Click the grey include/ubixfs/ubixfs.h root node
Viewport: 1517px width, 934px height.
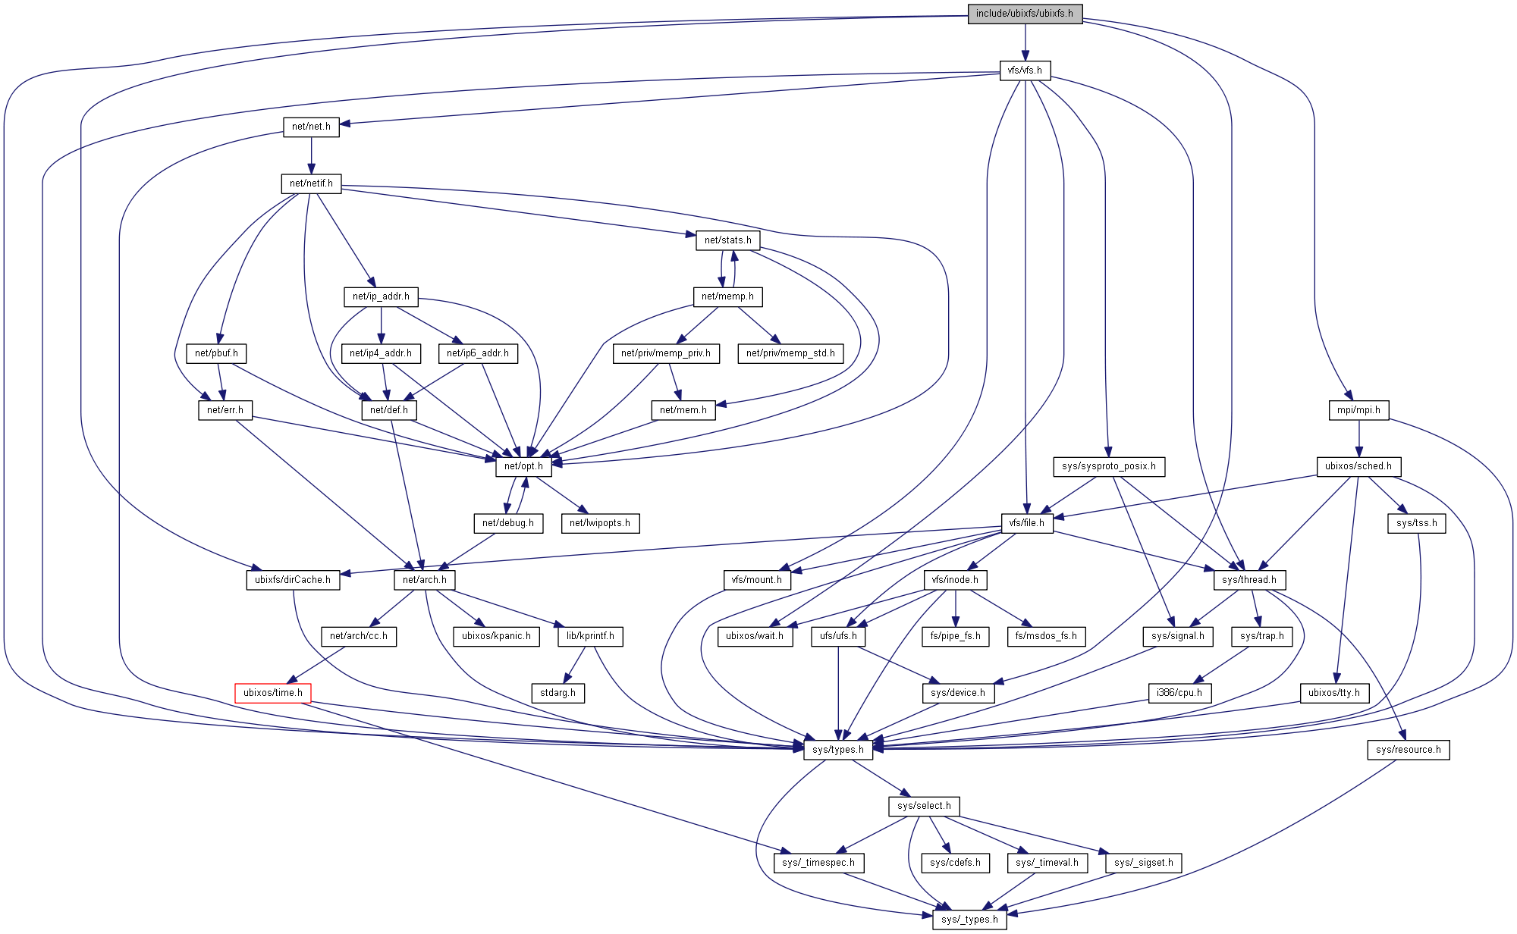click(1024, 14)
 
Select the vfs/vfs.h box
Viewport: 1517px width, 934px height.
click(1025, 71)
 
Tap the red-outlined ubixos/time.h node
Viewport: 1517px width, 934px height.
click(273, 693)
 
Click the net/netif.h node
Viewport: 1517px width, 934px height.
click(311, 183)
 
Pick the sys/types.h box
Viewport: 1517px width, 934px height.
click(837, 750)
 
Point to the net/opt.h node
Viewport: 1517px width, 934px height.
click(523, 466)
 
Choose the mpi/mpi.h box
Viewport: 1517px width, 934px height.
click(1358, 410)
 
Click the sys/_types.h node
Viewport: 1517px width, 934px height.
click(969, 920)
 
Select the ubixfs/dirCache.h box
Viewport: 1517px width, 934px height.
click(293, 580)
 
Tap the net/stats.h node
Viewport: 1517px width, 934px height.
click(727, 240)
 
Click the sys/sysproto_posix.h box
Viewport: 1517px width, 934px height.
click(1108, 466)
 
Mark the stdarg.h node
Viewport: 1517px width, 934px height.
click(557, 693)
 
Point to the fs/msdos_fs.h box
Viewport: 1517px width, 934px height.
click(1046, 636)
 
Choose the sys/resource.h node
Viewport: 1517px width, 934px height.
click(1409, 750)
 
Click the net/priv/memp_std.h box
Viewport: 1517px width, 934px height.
click(790, 353)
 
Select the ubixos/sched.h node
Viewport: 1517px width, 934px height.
click(1358, 466)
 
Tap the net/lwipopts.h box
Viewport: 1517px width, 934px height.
click(600, 523)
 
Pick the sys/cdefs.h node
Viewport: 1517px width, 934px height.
click(955, 863)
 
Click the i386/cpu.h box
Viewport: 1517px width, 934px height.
click(1179, 693)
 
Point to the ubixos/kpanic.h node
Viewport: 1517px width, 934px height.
click(496, 636)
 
